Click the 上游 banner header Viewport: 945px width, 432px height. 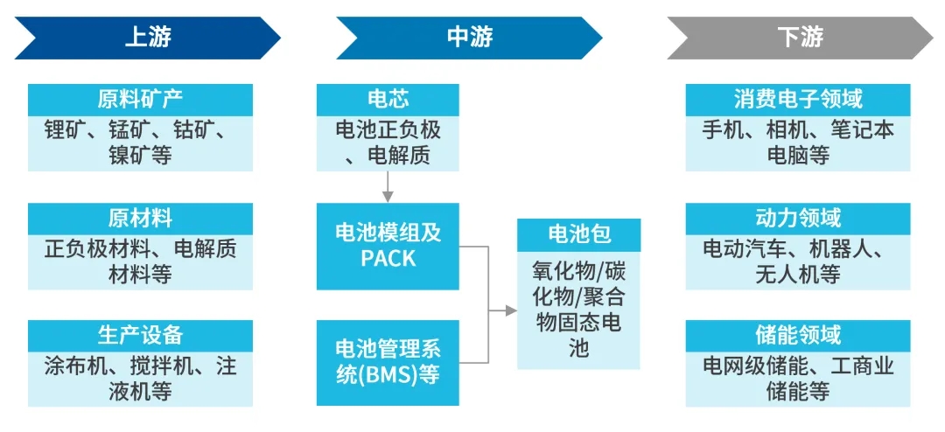tap(147, 37)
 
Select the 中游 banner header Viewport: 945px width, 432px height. tap(470, 37)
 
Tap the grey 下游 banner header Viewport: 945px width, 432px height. tap(800, 37)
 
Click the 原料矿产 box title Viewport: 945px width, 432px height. tap(140, 99)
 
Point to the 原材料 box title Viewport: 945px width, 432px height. tap(140, 218)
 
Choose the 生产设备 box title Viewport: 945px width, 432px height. tap(140, 335)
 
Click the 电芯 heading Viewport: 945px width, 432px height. tap(388, 99)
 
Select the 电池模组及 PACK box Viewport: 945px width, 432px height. tap(388, 246)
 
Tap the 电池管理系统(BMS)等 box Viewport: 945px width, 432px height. tap(388, 362)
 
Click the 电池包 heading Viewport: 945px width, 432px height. tap(578, 233)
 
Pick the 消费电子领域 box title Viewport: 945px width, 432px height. tap(798, 99)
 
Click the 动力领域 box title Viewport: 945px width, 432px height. tap(798, 218)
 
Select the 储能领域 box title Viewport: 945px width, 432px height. tap(798, 335)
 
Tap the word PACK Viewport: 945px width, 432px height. tap(388, 259)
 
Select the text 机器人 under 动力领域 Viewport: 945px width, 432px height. tap(850, 248)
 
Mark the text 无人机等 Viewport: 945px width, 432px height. tap(798, 274)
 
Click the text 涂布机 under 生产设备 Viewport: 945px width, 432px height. tap(72, 366)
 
